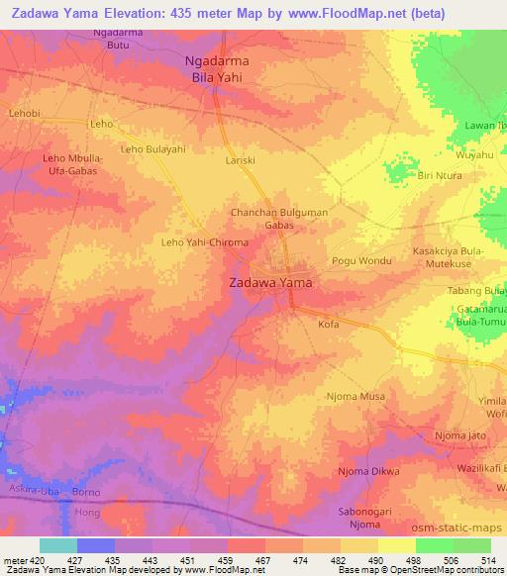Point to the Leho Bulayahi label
click(152, 148)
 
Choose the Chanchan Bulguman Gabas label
click(278, 218)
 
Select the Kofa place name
click(329, 324)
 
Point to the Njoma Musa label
click(355, 396)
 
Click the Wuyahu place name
click(474, 155)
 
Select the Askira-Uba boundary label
click(28, 489)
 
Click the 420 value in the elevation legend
click(27, 560)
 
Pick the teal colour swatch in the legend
click(57, 545)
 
